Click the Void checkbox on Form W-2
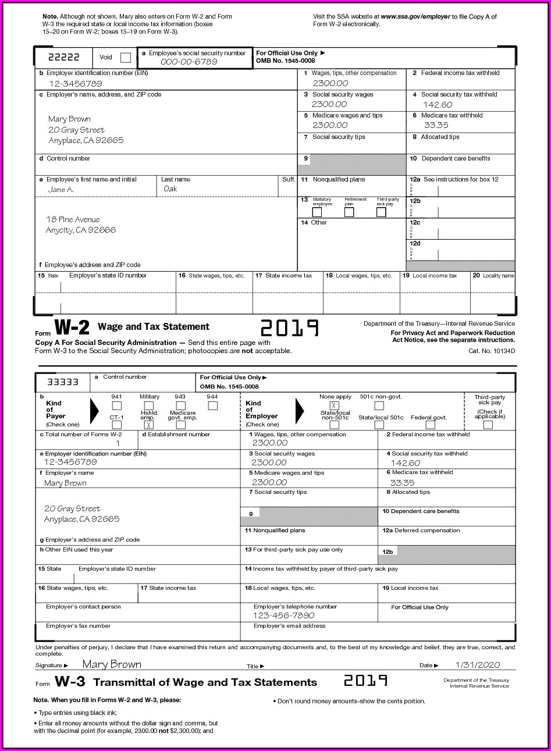coord(125,58)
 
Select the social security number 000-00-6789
coord(189,62)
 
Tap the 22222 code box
coord(64,58)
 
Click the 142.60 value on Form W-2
coord(438,105)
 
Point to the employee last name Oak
coord(170,189)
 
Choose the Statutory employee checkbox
coord(317,212)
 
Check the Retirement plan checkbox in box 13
coord(349,212)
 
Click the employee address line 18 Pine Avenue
coord(73,220)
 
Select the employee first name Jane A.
coord(61,190)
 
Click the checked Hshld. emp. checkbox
coord(149,425)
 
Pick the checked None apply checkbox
coord(335,405)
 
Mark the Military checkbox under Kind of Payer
coord(149,405)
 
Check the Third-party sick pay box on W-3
coord(488,425)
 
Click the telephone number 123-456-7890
coord(283,615)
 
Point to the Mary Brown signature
coord(112,664)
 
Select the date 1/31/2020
coord(477,665)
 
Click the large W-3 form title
coord(70,682)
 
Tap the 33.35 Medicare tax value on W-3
coord(402,483)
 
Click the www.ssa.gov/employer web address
coord(415,17)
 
